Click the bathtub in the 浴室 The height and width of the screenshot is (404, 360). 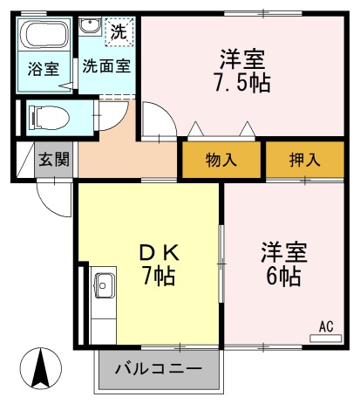tap(44, 35)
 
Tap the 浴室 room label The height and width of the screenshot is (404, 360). tap(44, 69)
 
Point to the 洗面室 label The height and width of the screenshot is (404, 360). tap(106, 66)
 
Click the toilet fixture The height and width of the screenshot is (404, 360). tap(49, 118)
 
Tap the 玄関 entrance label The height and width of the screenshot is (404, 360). tap(54, 160)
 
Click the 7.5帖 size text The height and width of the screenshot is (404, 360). tap(242, 83)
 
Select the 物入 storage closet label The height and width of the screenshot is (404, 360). tap(221, 160)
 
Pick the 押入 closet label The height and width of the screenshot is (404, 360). tap(305, 160)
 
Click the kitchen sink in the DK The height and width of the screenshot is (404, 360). tap(104, 285)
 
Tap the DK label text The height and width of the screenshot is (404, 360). tap(160, 253)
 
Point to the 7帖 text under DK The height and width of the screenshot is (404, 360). tap(159, 276)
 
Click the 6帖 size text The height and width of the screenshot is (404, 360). tap(283, 277)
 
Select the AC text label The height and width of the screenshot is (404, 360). tap(326, 326)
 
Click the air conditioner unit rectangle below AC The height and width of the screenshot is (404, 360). tap(326, 339)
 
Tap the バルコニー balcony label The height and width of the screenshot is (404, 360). tap(159, 369)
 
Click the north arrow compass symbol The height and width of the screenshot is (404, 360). tap(41, 368)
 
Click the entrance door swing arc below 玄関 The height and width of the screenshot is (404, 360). tap(46, 205)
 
